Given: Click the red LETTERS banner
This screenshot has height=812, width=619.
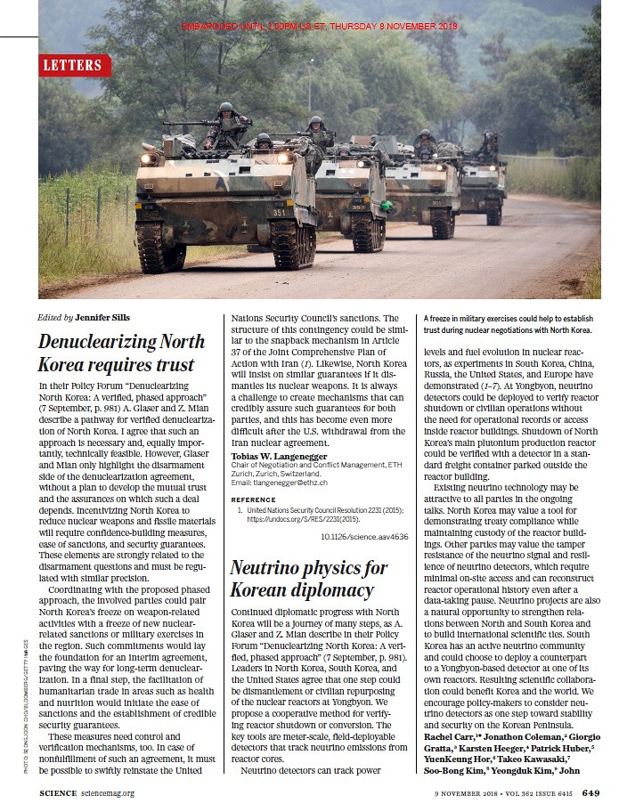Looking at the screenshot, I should coord(75,65).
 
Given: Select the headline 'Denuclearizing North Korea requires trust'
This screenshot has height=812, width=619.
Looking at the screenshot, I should coord(116,353).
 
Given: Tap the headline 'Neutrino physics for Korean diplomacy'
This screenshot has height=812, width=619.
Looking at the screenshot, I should coord(308,579).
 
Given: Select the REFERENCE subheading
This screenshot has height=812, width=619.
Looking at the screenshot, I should coord(255,500).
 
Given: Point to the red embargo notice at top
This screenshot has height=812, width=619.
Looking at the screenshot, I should coord(319,26).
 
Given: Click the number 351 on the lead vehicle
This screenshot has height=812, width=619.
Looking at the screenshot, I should coord(280,213).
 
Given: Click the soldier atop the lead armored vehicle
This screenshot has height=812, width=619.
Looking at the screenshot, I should coord(227,124).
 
